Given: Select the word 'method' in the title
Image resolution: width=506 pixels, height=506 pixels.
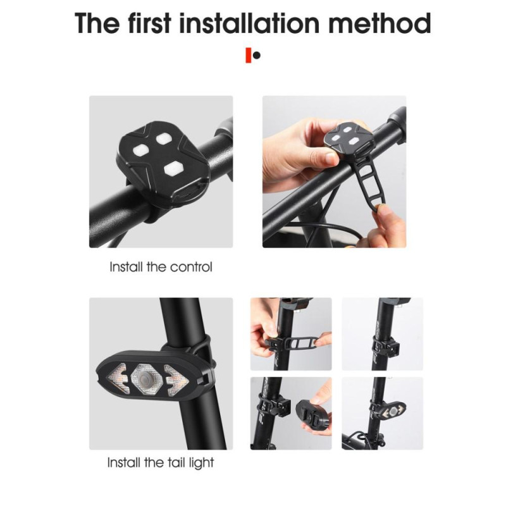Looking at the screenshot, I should pos(385,24).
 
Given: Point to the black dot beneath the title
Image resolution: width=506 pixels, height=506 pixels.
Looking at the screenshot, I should pos(257,56).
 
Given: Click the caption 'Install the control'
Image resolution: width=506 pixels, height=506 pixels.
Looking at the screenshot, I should pos(161,267).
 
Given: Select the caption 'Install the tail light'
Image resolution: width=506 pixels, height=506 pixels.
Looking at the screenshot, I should pos(161,462).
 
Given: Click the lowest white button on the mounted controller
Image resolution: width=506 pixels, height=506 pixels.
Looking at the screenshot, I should pos(171,168).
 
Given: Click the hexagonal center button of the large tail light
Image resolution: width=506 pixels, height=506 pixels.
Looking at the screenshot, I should pos(149,379).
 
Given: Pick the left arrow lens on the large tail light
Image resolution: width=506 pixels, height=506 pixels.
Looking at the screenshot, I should pos(120,380).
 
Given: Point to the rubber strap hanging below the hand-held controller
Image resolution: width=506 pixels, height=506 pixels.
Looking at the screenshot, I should pos(367,183).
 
